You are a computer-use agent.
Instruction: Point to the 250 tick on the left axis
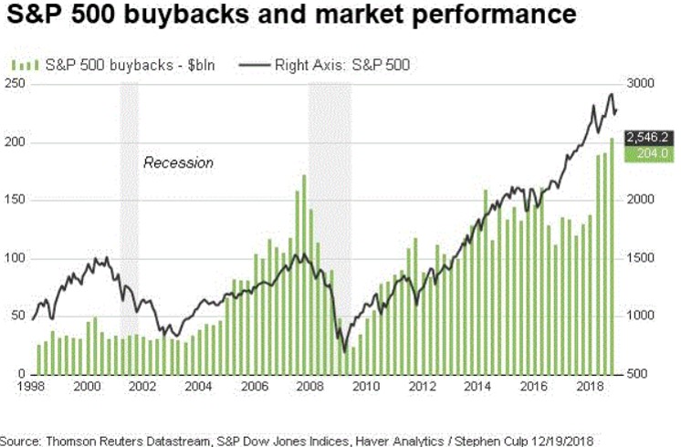click(14, 84)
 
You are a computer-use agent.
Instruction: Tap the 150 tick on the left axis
click(14, 201)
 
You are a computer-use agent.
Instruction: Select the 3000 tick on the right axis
click(642, 84)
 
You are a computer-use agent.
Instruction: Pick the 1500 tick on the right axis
click(642, 258)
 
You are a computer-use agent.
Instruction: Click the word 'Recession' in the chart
click(178, 162)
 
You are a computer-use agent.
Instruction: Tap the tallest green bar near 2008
click(303, 274)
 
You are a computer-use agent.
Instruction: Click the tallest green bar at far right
click(612, 255)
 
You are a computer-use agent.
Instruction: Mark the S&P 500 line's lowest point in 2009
click(344, 351)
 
